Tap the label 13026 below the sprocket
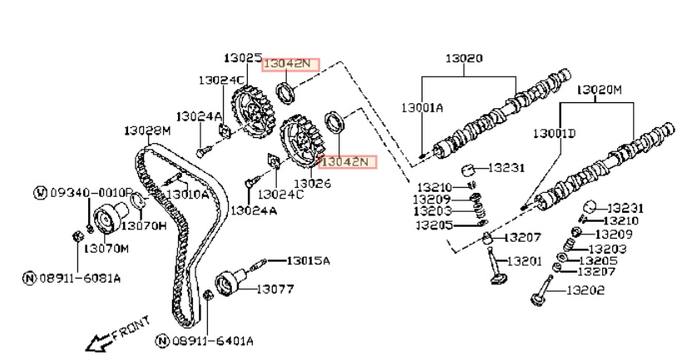(x=312, y=182)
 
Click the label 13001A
(x=423, y=108)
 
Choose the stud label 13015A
(x=309, y=260)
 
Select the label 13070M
(x=107, y=248)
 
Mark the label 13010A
(x=187, y=195)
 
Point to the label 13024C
(x=281, y=194)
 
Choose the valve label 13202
(x=586, y=290)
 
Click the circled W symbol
(x=39, y=194)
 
